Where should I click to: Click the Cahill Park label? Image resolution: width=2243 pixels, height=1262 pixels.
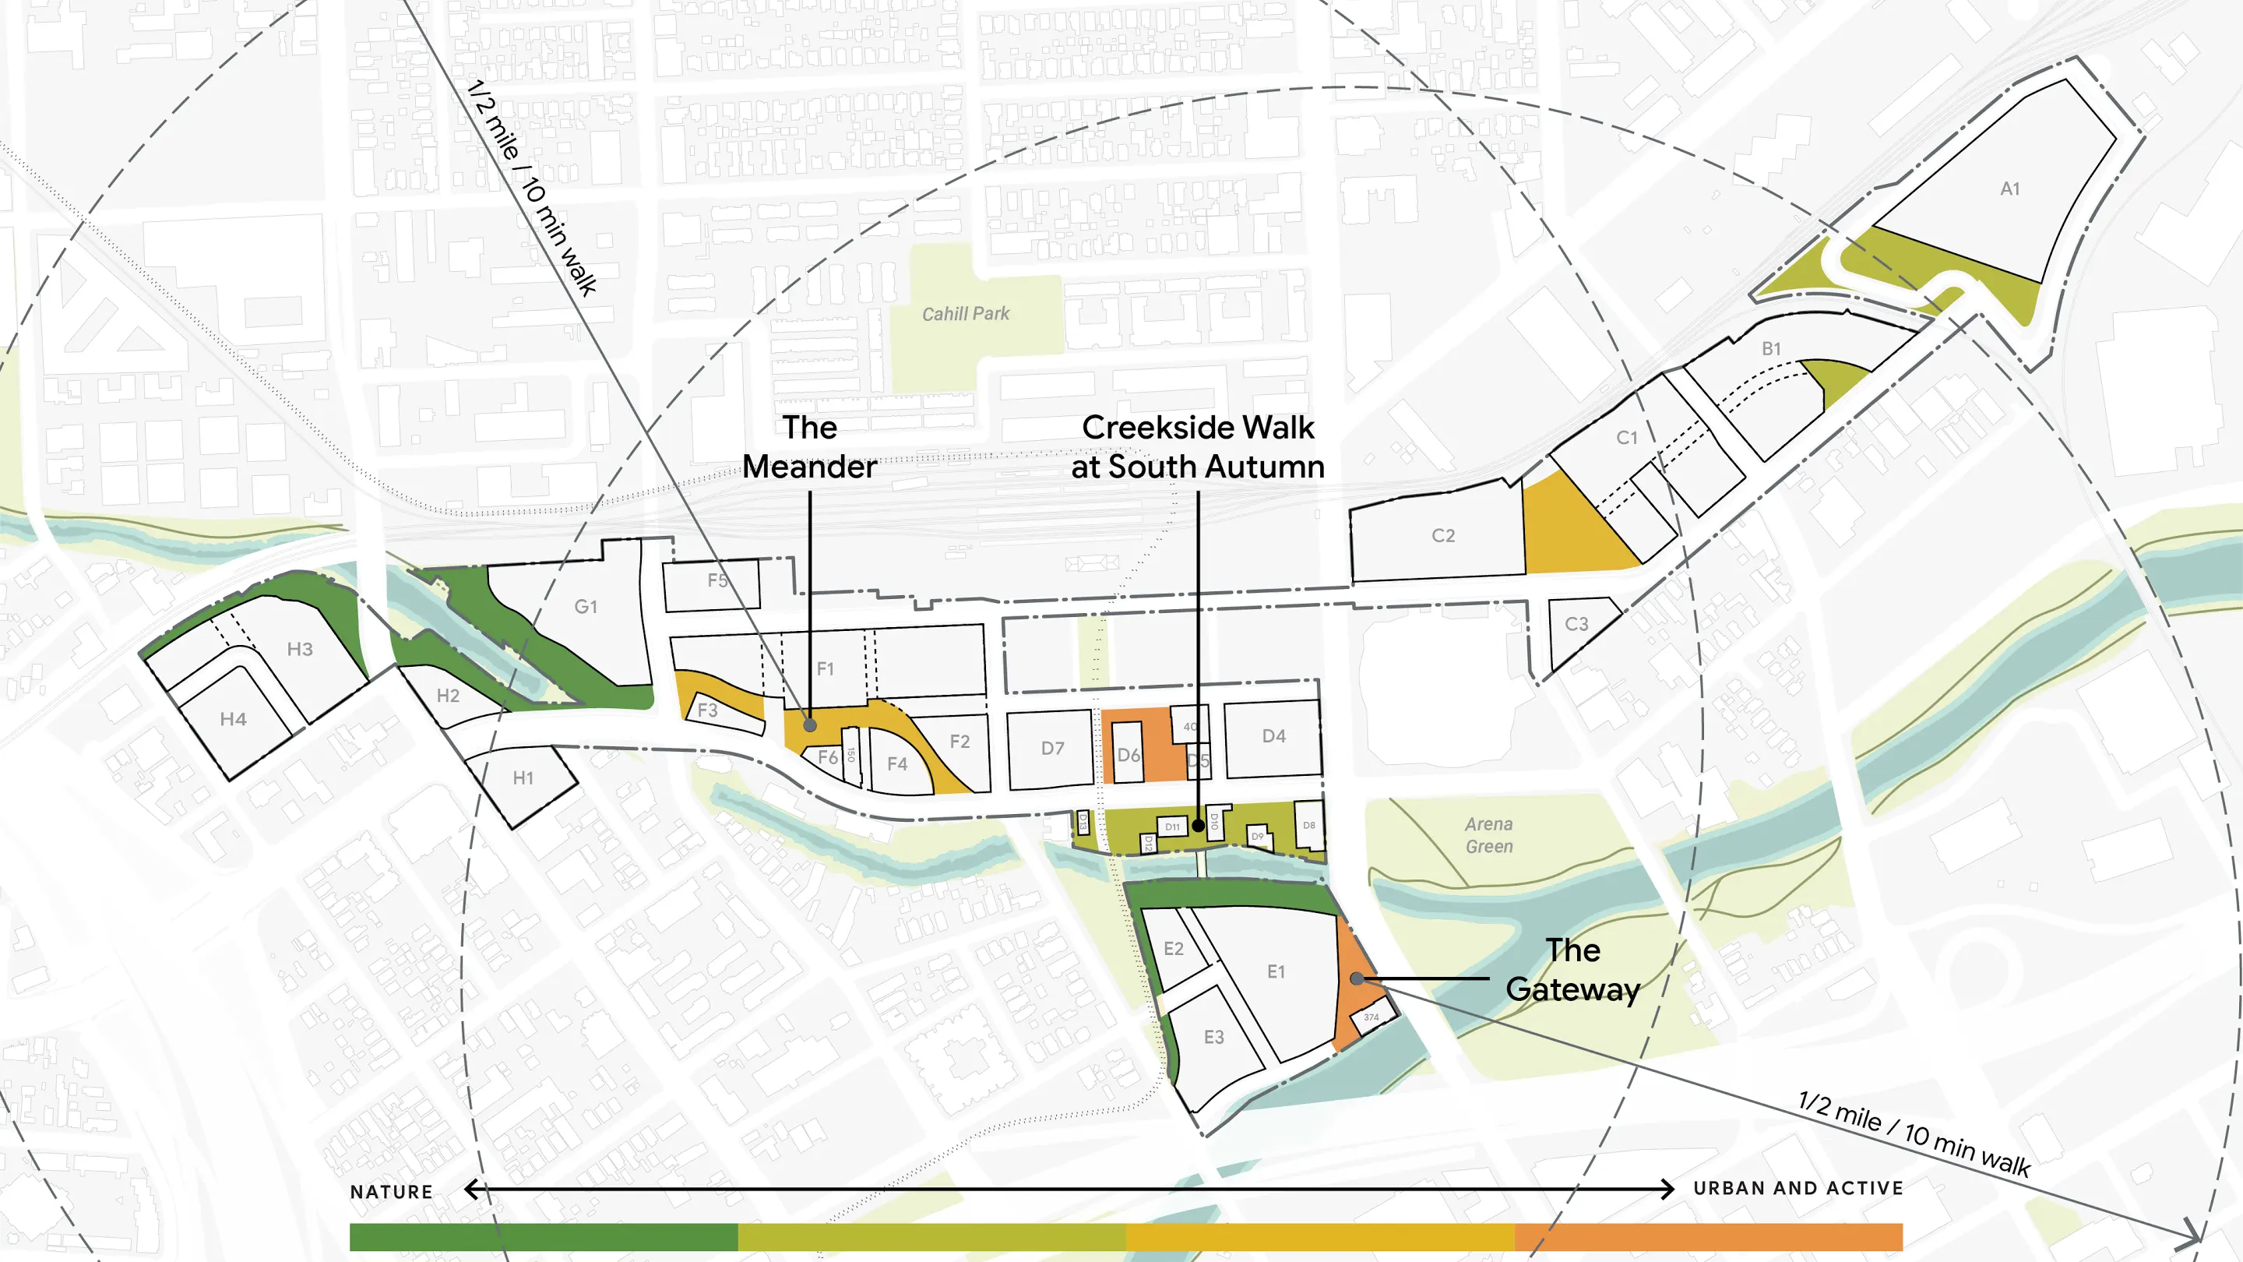(965, 313)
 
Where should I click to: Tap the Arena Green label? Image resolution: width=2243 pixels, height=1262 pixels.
(1488, 834)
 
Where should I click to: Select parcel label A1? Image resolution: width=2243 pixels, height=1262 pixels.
(2009, 188)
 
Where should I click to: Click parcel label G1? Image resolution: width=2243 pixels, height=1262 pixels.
(586, 606)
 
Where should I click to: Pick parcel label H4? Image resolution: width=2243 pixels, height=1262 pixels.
(233, 719)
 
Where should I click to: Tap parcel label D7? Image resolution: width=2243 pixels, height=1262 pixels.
(1052, 748)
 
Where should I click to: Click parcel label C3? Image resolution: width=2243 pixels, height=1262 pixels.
(1576, 623)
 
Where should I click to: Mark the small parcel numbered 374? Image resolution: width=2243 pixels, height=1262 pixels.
(1372, 1017)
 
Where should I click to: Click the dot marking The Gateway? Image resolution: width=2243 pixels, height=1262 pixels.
(1357, 979)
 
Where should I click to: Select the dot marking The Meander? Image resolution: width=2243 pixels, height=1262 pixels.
(810, 724)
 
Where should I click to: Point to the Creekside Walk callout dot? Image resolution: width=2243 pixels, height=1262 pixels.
(1198, 825)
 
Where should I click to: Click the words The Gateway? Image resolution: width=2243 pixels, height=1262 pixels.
(1572, 969)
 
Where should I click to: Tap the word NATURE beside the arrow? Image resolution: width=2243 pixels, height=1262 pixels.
(391, 1191)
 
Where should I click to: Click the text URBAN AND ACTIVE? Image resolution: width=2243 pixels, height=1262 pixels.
(1798, 1188)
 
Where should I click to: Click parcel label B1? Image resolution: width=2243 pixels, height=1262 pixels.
(1771, 348)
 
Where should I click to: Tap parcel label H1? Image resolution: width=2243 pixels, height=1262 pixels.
(523, 777)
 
